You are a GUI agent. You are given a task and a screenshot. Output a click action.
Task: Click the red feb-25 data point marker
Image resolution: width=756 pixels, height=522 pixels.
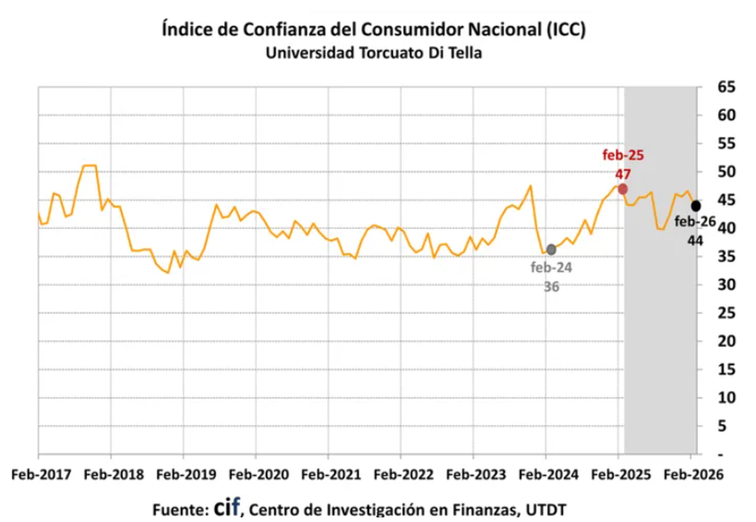coord(622,189)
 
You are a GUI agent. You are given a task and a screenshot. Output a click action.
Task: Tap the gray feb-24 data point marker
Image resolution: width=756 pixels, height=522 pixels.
coord(551,250)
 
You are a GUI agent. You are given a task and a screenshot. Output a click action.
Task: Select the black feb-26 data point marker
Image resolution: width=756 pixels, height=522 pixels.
coord(696,206)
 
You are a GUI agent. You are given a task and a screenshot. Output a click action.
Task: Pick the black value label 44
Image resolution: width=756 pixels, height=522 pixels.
coord(696,240)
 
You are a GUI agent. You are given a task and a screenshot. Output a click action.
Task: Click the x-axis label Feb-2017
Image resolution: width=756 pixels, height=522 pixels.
coord(38,475)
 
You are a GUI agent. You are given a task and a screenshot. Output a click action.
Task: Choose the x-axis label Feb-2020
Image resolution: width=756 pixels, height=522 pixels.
coord(255,475)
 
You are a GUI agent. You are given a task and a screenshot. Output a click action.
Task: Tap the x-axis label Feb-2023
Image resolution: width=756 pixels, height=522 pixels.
coord(472,475)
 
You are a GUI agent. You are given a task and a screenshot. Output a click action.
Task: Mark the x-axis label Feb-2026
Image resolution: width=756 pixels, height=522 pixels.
coord(690,475)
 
